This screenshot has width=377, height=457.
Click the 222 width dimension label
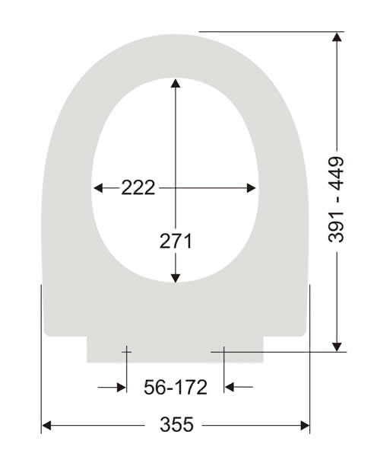point(138,187)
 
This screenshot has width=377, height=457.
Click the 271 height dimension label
point(176,241)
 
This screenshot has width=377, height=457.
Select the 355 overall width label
point(176,424)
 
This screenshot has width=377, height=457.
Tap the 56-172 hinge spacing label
point(176,387)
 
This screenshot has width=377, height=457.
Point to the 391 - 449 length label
point(336,200)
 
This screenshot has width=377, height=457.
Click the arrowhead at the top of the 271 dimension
point(176,83)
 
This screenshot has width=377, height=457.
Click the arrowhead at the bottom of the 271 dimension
point(176,278)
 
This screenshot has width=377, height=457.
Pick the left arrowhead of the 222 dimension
point(98,188)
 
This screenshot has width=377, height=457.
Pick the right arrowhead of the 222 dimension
point(251,188)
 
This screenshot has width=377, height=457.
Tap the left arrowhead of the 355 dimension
point(47,426)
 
